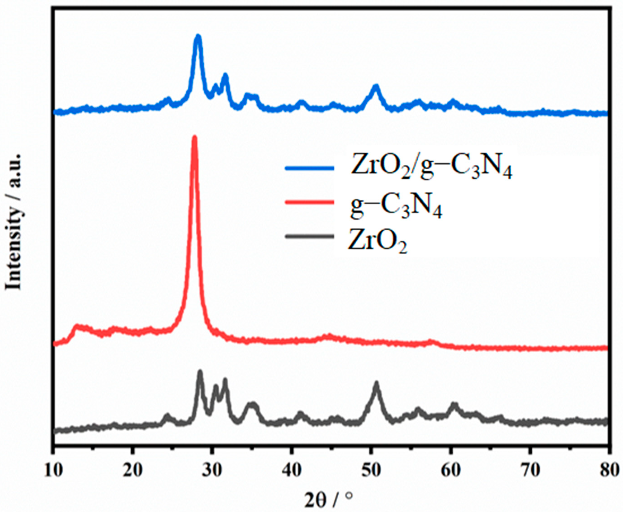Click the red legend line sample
[309, 202]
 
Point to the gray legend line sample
[309, 236]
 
